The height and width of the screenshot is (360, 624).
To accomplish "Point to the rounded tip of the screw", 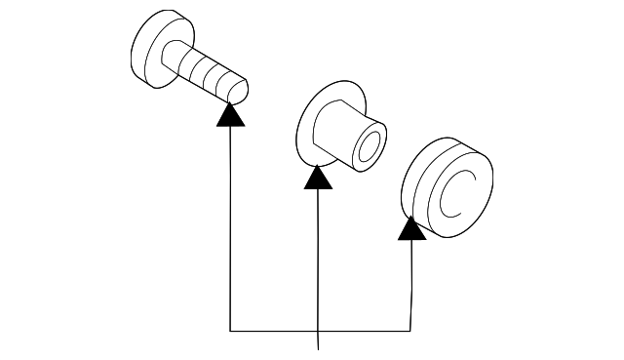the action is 238,91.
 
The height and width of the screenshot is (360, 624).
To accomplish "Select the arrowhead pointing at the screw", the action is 230,114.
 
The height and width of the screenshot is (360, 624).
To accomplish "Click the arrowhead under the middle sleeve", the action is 317,178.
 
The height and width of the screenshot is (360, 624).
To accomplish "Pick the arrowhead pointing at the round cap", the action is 411,228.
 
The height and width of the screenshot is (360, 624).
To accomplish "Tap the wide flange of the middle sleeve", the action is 314,122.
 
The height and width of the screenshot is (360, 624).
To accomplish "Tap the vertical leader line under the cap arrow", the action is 410,283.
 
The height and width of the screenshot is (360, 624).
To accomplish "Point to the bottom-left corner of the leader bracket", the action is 230,331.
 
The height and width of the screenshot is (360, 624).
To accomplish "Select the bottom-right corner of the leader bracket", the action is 410,331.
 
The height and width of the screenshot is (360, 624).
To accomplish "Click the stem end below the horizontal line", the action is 319,343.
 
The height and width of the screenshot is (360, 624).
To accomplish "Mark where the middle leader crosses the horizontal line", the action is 319,331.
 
